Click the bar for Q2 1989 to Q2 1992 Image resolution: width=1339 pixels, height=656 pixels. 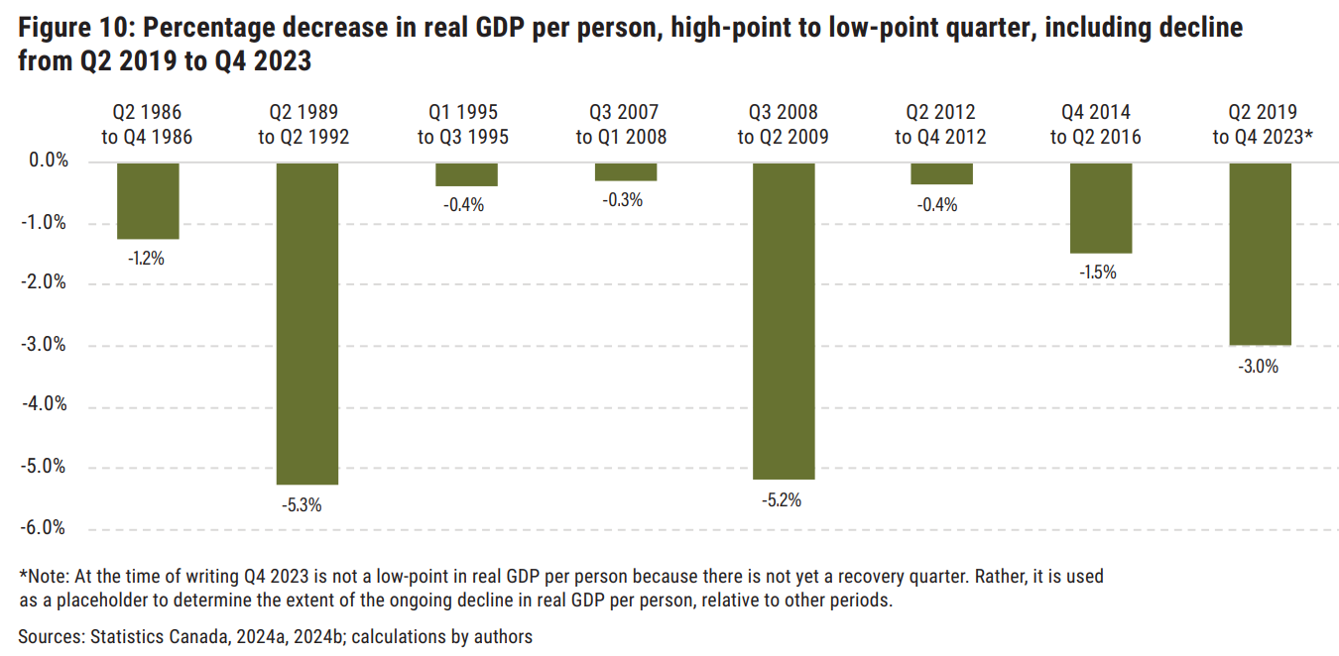tap(306, 323)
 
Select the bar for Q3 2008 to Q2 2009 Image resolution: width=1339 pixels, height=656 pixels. tap(784, 321)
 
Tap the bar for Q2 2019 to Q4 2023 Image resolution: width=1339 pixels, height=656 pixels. tap(1261, 254)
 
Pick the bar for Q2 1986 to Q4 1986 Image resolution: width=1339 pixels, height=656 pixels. tap(148, 201)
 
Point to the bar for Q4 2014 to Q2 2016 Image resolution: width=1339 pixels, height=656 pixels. tap(1101, 208)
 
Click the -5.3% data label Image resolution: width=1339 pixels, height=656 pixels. tap(303, 504)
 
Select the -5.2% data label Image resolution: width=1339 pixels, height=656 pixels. tap(781, 500)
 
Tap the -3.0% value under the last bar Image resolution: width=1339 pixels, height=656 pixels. tap(1259, 367)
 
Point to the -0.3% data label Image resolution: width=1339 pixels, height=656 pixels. tap(623, 200)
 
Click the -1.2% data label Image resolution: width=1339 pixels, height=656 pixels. tap(145, 259)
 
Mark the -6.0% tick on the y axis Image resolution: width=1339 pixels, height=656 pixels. tap(43, 528)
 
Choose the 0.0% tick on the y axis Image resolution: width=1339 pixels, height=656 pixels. tap(45, 161)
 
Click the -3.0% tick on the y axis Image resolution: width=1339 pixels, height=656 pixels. tap(43, 345)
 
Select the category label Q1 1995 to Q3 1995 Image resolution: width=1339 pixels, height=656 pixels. tap(463, 125)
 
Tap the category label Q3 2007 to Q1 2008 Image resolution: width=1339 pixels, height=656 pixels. tap(623, 125)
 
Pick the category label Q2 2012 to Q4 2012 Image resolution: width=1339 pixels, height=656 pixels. tap(940, 125)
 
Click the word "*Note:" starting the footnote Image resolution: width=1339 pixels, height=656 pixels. tap(43, 576)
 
